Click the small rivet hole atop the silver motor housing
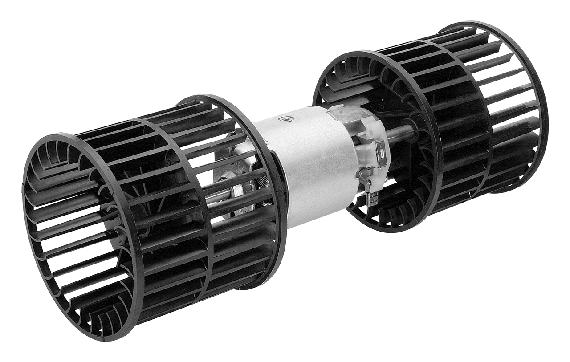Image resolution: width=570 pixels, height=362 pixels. coord(285,118)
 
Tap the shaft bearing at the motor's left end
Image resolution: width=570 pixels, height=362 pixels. coord(240,189)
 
